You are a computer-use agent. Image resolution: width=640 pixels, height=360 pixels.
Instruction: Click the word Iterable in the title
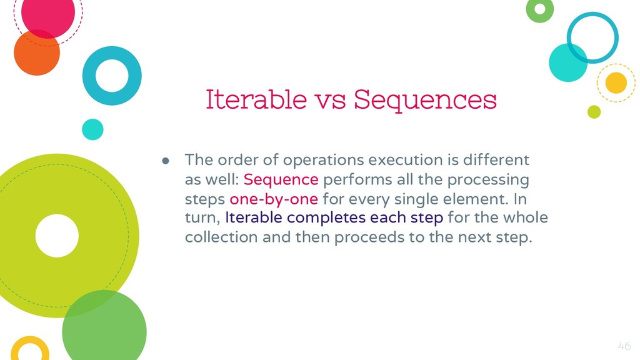(x=256, y=99)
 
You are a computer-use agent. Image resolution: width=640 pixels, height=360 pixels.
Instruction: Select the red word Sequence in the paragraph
(x=281, y=179)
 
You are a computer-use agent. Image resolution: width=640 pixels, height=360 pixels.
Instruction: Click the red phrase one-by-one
(x=274, y=199)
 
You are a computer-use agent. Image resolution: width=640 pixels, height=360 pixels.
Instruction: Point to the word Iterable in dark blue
(x=254, y=217)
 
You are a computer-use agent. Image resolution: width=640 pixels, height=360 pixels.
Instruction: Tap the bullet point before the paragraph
(x=165, y=161)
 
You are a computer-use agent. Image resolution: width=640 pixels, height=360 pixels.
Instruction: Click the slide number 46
(x=624, y=346)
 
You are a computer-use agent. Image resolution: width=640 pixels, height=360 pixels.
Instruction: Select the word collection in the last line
(x=221, y=237)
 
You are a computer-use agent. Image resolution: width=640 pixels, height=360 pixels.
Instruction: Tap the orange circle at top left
(x=37, y=52)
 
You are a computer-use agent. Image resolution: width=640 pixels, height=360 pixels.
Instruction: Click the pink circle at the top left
(x=47, y=13)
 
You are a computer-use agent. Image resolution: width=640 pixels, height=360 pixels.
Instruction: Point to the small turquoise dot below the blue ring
(x=92, y=129)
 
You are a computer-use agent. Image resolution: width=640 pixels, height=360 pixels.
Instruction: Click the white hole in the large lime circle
(x=57, y=236)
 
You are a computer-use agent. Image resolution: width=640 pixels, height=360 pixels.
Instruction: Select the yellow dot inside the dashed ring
(x=616, y=83)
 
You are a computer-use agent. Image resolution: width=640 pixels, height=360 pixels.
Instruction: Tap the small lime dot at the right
(x=594, y=112)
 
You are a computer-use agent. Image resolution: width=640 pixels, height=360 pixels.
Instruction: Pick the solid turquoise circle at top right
(x=568, y=63)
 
